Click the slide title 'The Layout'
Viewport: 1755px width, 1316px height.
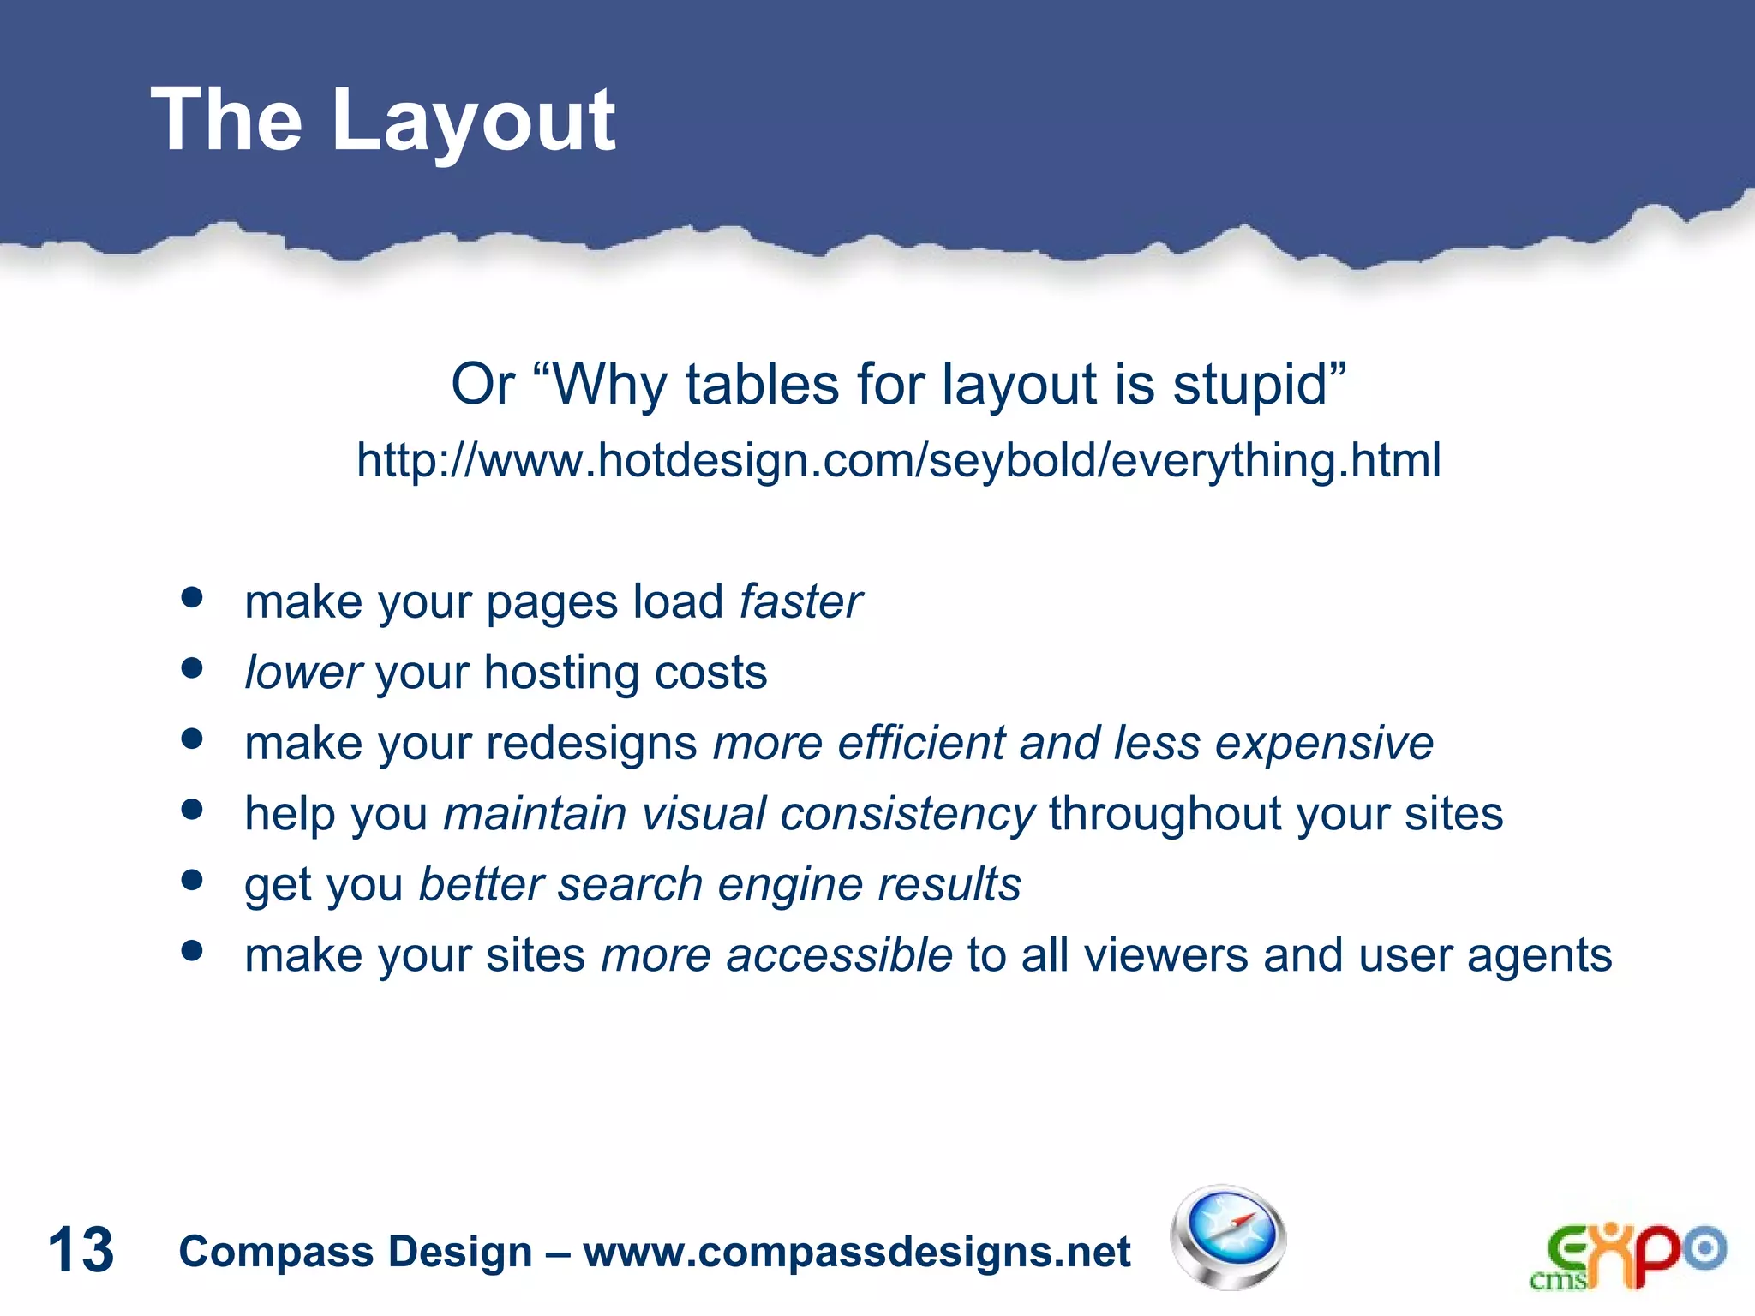[382, 122]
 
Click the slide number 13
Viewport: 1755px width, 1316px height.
[81, 1250]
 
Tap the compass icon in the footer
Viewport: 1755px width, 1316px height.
[1228, 1237]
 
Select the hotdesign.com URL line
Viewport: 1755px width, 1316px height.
[898, 460]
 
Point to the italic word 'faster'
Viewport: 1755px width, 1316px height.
[800, 601]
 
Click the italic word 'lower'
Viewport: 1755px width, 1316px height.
[303, 673]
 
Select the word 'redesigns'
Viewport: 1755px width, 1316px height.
[591, 744]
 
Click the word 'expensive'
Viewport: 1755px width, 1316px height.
[1324, 744]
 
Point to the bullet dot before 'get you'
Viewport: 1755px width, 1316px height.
[192, 880]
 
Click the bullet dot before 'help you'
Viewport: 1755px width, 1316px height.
[192, 809]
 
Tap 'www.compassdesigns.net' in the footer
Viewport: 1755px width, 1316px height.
[857, 1252]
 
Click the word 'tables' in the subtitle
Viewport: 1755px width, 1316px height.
[761, 385]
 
